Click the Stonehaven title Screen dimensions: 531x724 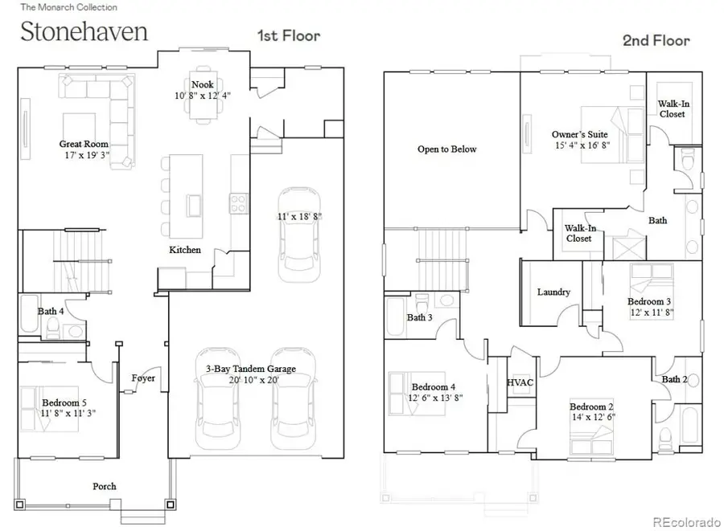click(84, 32)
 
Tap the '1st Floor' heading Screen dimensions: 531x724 click(288, 35)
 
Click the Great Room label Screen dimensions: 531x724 click(84, 145)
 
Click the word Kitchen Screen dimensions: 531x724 click(184, 250)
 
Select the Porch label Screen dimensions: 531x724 click(104, 486)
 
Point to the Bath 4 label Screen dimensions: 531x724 click(51, 312)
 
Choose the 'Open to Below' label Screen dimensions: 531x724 click(446, 149)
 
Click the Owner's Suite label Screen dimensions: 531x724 click(579, 134)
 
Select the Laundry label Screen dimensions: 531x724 click(553, 292)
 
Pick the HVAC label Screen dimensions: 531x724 click(520, 383)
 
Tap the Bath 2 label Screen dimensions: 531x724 click(674, 379)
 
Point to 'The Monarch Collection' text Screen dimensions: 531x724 click(68, 7)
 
